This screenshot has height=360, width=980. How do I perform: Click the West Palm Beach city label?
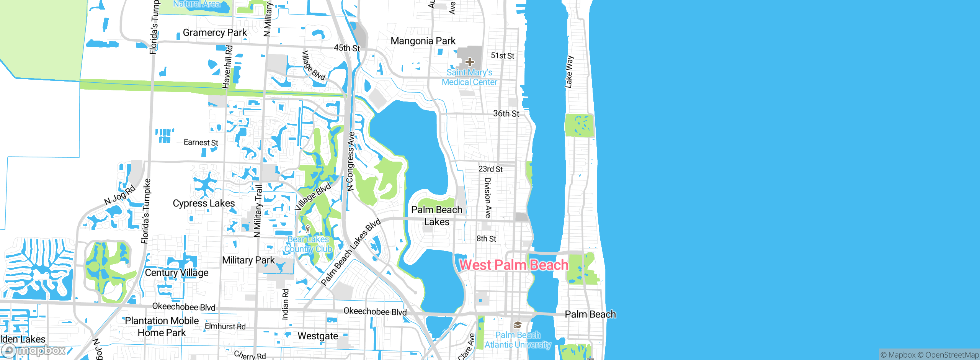click(513, 265)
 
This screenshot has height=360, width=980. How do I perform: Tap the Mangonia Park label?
click(423, 41)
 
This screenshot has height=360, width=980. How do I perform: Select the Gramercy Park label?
click(215, 33)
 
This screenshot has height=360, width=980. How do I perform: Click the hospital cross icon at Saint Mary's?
click(470, 62)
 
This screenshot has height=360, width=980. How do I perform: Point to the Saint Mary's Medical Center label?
click(469, 77)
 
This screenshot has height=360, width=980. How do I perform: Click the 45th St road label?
click(347, 48)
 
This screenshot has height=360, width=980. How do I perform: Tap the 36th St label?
click(506, 114)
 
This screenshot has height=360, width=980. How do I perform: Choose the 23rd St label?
click(490, 169)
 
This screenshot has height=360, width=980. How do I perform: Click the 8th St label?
click(486, 239)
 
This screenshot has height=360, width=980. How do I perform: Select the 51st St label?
click(503, 56)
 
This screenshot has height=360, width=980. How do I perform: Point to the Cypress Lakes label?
click(204, 203)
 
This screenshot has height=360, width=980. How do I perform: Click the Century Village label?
click(176, 273)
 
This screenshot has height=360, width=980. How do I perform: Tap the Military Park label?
click(248, 260)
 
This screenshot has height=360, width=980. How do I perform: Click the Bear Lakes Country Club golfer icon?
click(308, 229)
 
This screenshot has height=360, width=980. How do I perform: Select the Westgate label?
click(318, 336)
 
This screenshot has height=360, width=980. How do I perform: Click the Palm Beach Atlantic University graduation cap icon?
click(518, 325)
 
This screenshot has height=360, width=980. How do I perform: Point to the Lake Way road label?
click(569, 72)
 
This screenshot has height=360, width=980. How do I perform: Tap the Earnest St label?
click(201, 142)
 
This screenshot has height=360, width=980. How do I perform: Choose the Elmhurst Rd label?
click(225, 326)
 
